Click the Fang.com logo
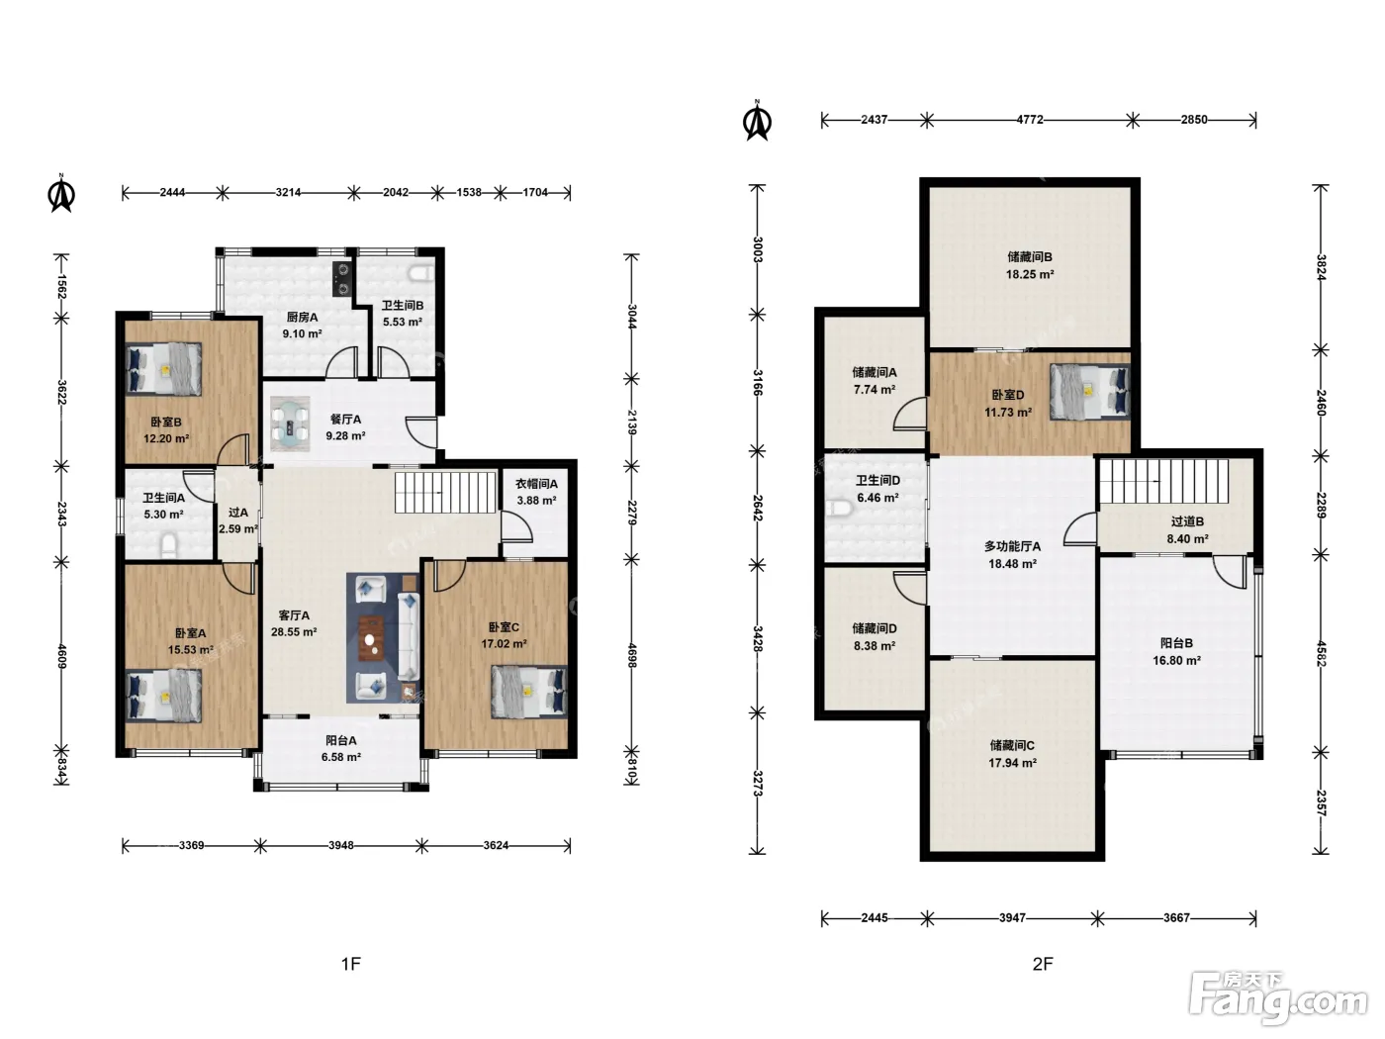[1278, 996]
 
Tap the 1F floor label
[351, 963]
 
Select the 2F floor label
[1043, 963]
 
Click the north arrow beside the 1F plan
[62, 193]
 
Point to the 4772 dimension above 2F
[1030, 119]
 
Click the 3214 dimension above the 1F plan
[288, 192]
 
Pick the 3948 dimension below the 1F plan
[340, 845]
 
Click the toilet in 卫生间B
[420, 274]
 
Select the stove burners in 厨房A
[341, 279]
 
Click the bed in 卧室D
[1089, 392]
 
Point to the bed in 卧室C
[528, 692]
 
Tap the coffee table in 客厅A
[372, 638]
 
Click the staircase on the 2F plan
[1164, 481]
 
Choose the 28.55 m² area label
[294, 631]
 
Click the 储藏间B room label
[1030, 256]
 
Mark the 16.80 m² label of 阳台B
[1177, 660]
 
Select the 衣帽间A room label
[536, 484]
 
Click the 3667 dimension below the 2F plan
[1177, 918]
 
